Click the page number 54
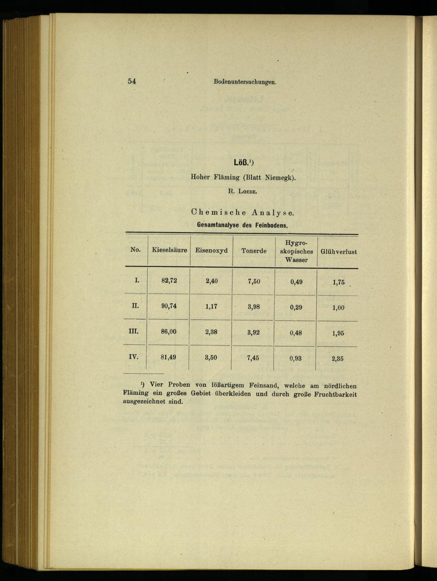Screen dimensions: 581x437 coord(132,81)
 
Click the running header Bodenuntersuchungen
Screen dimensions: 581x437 coord(245,82)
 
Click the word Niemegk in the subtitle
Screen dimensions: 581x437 coord(279,178)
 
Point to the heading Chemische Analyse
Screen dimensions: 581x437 coord(243,213)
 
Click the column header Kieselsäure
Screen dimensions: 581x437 coord(169,250)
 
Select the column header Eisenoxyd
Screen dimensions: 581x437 coord(211,251)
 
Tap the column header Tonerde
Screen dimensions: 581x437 coord(254,251)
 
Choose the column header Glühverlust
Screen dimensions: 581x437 coord(339,252)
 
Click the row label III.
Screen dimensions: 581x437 coord(133,331)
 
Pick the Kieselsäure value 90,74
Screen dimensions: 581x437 coord(169,306)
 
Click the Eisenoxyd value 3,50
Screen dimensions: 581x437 coord(211,358)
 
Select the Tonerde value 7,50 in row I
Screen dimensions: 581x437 coord(254,282)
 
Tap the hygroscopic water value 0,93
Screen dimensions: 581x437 coord(295,358)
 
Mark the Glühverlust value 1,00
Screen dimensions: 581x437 coord(338,308)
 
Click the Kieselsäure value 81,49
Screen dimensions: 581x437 coord(168,357)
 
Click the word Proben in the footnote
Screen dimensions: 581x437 coord(179,385)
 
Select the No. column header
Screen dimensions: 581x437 coord(135,250)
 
